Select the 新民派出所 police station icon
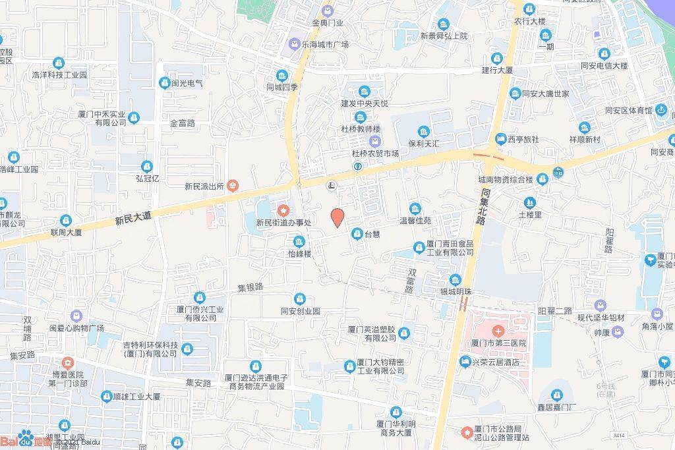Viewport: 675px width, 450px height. click(233, 186)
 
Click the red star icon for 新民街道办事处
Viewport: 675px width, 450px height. click(283, 210)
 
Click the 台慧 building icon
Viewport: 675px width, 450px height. click(357, 233)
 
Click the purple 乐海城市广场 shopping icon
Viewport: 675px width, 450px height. click(293, 45)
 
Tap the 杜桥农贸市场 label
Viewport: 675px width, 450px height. click(375, 154)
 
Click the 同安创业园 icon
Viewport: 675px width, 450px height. click(300, 298)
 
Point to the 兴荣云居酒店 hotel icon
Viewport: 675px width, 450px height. click(465, 361)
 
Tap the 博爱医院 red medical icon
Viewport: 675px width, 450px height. click(67, 363)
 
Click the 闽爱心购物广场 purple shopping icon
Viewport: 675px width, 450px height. click(76, 316)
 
